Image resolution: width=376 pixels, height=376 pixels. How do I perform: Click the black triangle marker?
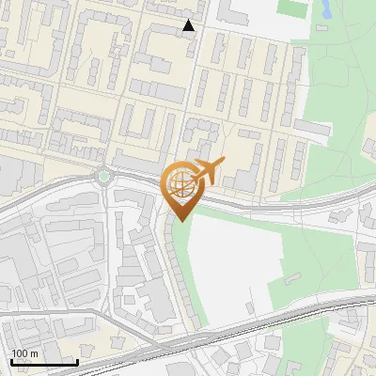(189, 25)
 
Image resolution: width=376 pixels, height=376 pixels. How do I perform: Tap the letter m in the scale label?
(35, 353)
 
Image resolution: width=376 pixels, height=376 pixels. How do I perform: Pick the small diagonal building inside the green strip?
(290, 279)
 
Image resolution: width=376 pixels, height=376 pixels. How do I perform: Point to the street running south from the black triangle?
(192, 85)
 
